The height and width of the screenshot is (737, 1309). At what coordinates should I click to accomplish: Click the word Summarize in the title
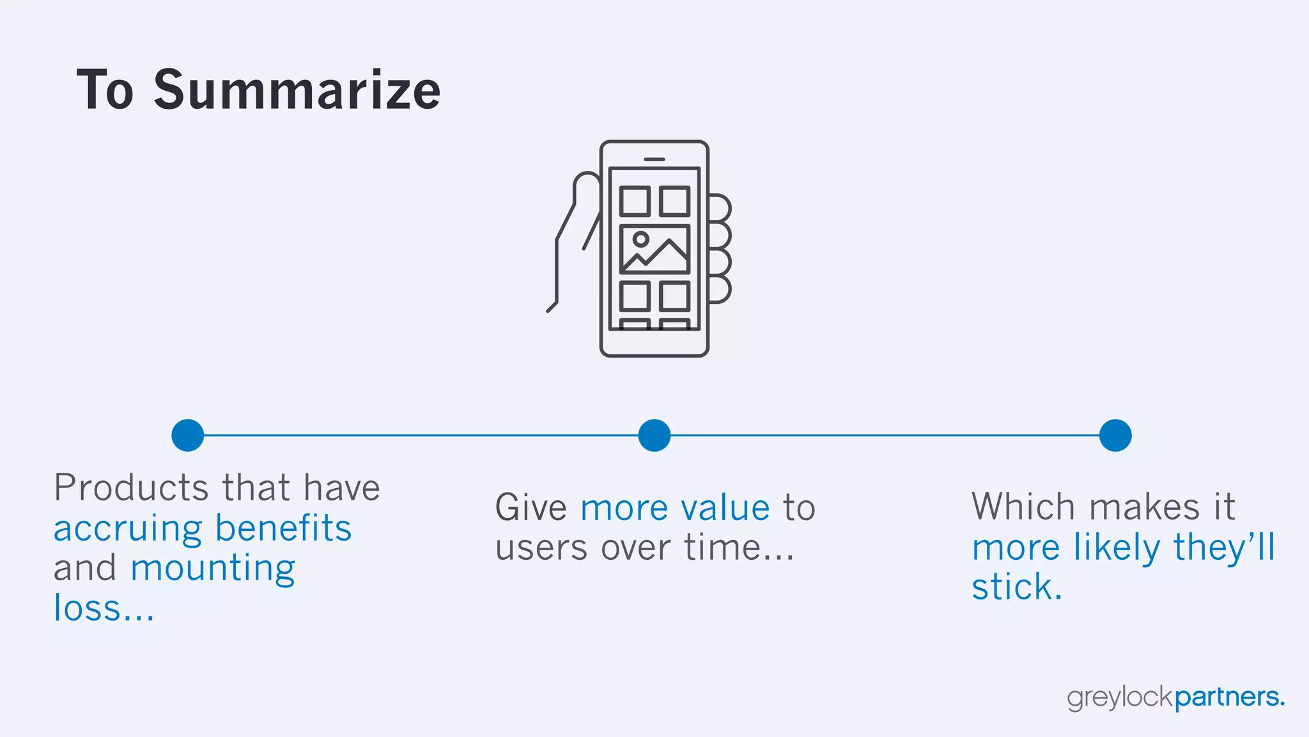(297, 90)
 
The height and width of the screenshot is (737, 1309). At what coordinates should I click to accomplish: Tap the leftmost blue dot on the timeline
(188, 436)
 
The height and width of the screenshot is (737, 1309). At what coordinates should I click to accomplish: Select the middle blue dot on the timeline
(654, 436)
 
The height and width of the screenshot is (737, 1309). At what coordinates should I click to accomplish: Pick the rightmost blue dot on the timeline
(1115, 436)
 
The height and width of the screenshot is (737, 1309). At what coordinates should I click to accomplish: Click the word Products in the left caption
(130, 488)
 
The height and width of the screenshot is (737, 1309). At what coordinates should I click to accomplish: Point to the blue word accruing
(128, 530)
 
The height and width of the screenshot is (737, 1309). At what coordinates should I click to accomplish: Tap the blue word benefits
(283, 528)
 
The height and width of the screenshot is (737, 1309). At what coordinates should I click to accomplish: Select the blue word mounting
(213, 569)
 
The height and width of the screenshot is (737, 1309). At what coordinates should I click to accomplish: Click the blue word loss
(87, 608)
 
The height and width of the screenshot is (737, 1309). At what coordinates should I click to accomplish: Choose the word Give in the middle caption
(531, 508)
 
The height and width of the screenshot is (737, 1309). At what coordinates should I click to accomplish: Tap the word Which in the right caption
(1023, 507)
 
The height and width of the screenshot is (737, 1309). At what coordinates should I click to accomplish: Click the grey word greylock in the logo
(1120, 697)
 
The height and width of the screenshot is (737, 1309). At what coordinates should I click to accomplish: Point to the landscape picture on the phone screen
(654, 249)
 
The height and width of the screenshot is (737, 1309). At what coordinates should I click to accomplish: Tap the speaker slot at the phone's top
(654, 159)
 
